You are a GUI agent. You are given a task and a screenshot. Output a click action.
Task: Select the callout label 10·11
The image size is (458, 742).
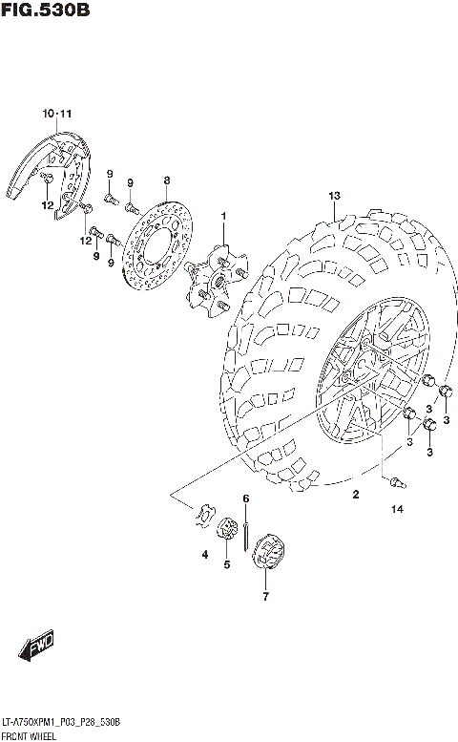click(x=57, y=115)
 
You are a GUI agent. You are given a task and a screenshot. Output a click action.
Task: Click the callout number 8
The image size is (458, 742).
click(x=166, y=180)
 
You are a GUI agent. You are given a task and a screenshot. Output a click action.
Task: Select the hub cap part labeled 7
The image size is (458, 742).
click(x=268, y=555)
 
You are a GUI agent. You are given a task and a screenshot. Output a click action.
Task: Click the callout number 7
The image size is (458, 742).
click(x=266, y=597)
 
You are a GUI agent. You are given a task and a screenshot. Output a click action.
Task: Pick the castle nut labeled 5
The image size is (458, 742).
click(x=227, y=530)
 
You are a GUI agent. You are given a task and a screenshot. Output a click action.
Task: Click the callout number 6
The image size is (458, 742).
click(x=245, y=498)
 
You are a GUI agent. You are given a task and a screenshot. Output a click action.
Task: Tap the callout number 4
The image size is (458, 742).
click(x=203, y=554)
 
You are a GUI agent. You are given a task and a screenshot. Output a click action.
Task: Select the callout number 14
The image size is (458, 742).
click(x=397, y=510)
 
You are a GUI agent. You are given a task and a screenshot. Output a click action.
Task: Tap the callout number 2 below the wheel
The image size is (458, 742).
click(x=355, y=494)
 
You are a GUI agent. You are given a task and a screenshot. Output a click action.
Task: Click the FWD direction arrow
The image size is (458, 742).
click(x=39, y=648)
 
